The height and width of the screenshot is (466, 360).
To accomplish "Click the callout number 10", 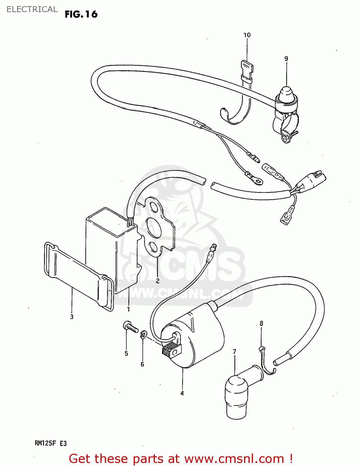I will [x=247, y=35].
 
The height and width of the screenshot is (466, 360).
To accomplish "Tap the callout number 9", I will [x=286, y=59].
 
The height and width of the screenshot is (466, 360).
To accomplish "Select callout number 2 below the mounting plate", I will [x=158, y=281].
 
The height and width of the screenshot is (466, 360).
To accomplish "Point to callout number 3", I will [x=72, y=317].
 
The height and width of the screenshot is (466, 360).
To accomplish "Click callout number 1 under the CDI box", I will [x=128, y=309].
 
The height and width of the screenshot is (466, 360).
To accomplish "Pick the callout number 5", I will [x=126, y=353].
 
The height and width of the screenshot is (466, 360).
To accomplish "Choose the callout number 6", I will [x=142, y=364].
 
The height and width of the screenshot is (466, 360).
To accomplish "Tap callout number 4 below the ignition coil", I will [x=182, y=393].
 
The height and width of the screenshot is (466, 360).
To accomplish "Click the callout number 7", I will [x=234, y=352].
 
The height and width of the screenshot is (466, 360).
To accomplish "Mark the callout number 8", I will [x=261, y=323].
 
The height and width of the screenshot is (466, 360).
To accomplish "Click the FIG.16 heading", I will [x=81, y=14].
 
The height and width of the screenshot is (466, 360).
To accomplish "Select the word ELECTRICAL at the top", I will [x=32, y=9].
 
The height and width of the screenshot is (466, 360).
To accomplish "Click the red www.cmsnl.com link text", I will [x=234, y=459].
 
